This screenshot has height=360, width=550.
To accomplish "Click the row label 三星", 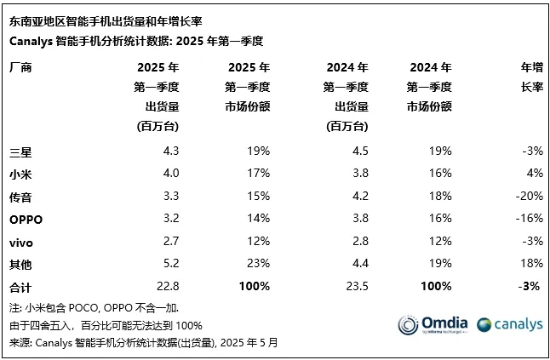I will point(20,151).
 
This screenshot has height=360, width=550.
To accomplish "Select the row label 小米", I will point(20,174).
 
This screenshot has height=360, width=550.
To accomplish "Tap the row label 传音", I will point(20,197).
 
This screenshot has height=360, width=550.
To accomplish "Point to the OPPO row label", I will point(26,219).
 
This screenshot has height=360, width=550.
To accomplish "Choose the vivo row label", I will point(21,242).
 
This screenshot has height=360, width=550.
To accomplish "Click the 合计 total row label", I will point(20,287).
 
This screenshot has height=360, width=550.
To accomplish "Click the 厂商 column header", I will point(20,67).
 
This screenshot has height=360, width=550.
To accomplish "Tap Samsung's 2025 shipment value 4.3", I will point(170,151).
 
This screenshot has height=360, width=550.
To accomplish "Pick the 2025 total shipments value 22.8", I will point(167,287).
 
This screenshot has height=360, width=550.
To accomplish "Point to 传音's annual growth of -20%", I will point(529,197).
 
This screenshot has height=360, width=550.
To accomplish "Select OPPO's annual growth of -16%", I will point(529,219).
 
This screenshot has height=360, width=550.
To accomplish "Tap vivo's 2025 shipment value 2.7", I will point(170,242).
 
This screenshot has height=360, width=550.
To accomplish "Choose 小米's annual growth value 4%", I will point(534,174).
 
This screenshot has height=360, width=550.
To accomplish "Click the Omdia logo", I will point(432,324).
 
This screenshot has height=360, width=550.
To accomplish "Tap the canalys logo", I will point(509,324).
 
